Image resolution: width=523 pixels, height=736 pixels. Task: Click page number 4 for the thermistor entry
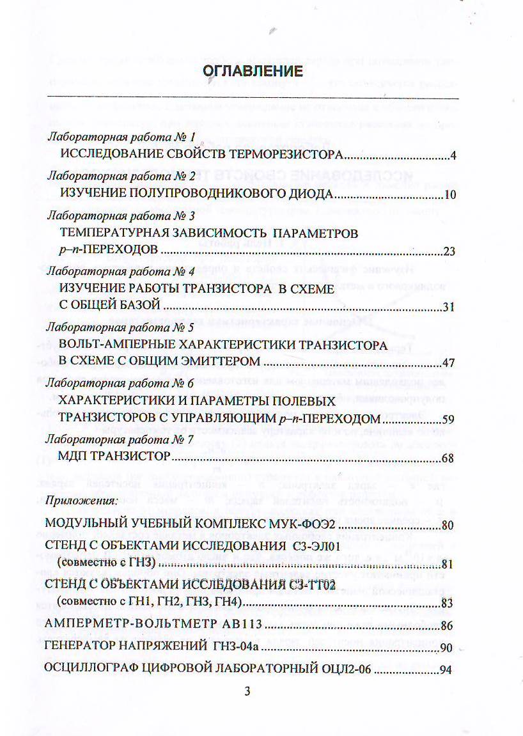pyautogui.click(x=452, y=155)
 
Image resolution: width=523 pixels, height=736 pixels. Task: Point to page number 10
pyautogui.click(x=449, y=194)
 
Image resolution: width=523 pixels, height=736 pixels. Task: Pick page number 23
pyautogui.click(x=449, y=251)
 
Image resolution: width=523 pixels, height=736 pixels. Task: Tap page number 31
pyautogui.click(x=449, y=308)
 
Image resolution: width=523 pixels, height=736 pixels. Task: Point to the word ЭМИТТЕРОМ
pyautogui.click(x=215, y=363)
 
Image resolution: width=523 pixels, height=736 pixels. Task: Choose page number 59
pyautogui.click(x=449, y=420)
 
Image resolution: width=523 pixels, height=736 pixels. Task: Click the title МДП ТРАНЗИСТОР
pyautogui.click(x=113, y=458)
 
